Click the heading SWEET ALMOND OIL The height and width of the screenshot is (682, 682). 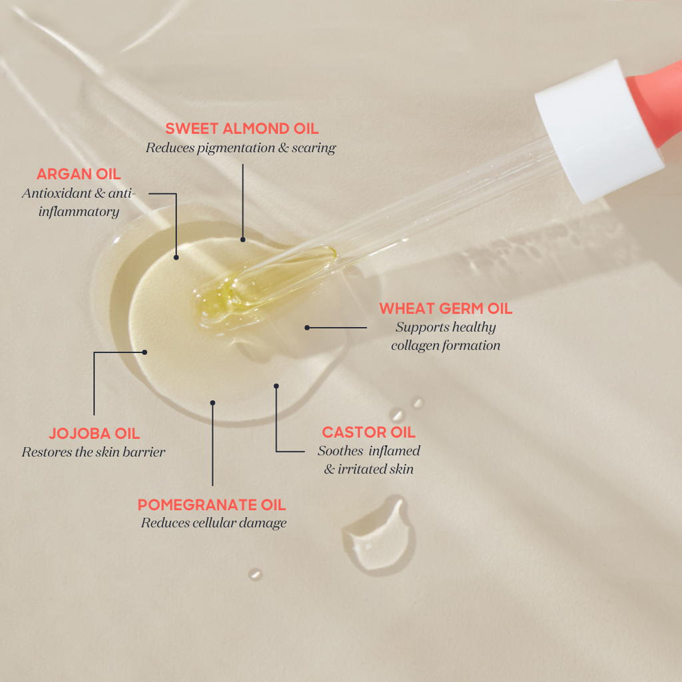click(x=242, y=129)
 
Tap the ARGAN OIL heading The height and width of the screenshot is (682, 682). click(x=79, y=174)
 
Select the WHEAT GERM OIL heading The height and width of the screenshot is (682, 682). click(x=446, y=308)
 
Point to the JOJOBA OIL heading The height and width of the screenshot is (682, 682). click(x=95, y=434)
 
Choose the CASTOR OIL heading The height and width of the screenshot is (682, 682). click(x=369, y=432)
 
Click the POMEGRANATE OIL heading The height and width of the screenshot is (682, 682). click(x=212, y=505)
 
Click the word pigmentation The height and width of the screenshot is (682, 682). click(x=236, y=149)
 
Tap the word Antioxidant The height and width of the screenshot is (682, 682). click(x=57, y=193)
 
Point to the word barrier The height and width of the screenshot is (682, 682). click(x=144, y=452)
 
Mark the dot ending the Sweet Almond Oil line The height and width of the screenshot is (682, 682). click(x=242, y=240)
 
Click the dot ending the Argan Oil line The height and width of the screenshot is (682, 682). click(x=176, y=258)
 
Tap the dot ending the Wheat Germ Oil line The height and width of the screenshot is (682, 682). click(x=307, y=328)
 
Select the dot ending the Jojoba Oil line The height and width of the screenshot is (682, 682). click(x=145, y=352)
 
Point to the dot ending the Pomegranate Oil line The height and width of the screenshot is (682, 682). click(x=212, y=403)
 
